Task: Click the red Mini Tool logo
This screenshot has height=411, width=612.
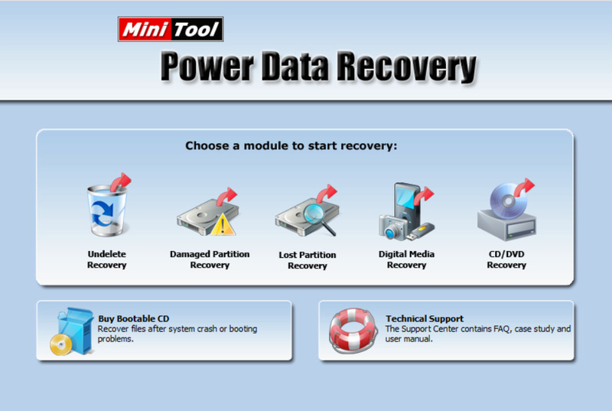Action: tap(170, 29)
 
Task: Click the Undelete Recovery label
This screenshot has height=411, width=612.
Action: tap(107, 259)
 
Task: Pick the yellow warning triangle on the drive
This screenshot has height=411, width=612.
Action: tap(223, 224)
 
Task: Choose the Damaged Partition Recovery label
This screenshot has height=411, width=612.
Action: tap(210, 259)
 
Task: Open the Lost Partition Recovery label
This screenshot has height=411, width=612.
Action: tap(308, 260)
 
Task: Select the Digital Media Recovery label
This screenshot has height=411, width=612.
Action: tap(406, 259)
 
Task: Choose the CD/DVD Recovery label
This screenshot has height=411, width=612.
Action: tap(506, 259)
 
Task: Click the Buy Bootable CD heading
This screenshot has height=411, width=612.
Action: tap(133, 318)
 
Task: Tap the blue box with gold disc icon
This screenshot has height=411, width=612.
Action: tap(67, 331)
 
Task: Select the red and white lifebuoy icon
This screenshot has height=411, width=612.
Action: tap(353, 331)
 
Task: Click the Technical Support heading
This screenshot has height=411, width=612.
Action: tap(424, 318)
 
